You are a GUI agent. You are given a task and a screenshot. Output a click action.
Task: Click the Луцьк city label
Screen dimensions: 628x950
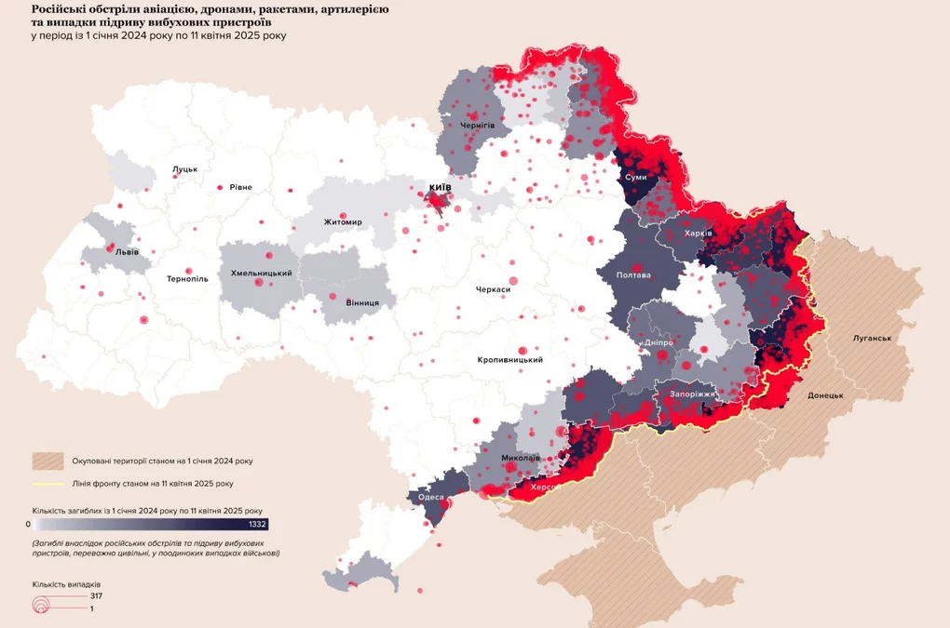click(184, 170)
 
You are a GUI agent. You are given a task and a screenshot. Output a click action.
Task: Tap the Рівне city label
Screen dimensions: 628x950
click(240, 187)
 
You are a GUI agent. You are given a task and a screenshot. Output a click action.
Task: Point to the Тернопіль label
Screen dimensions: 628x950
click(187, 278)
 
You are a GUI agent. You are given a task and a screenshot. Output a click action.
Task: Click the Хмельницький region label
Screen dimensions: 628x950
click(262, 274)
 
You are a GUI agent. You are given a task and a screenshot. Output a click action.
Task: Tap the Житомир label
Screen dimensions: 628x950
click(343, 222)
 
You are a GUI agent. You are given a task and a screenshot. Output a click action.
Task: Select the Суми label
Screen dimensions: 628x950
click(636, 177)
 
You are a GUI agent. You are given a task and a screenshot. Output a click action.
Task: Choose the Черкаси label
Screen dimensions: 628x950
click(493, 289)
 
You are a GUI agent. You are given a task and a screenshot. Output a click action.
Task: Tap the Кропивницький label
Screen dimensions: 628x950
click(509, 360)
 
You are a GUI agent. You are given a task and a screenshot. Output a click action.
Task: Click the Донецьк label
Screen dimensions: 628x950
click(825, 395)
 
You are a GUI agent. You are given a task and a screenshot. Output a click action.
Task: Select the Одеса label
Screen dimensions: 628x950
click(431, 497)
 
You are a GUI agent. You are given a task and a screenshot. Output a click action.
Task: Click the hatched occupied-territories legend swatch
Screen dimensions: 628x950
click(47, 461)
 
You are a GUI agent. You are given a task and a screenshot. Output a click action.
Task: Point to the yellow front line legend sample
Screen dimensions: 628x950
click(47, 484)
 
